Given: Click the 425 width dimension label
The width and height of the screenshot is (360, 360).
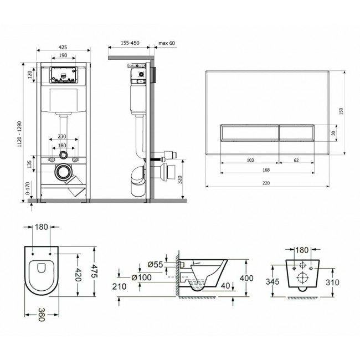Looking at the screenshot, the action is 63,47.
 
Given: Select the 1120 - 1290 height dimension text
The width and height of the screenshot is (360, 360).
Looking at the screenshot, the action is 19,134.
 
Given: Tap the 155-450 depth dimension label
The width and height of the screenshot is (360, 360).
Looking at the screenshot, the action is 130,43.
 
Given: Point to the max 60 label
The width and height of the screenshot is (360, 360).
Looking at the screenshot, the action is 167,43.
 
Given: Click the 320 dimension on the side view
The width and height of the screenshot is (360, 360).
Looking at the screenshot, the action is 180,179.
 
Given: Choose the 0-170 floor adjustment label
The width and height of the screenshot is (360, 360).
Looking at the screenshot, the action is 28,188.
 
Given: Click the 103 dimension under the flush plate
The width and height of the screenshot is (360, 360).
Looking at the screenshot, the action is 250,160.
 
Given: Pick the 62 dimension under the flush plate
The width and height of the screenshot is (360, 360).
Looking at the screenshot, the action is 296,160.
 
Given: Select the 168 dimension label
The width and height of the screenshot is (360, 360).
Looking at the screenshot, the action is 266,170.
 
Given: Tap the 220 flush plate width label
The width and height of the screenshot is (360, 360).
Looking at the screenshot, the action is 266,183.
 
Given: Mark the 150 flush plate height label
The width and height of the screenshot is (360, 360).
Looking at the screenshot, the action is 341,111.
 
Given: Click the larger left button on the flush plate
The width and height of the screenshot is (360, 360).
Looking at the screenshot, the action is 249,133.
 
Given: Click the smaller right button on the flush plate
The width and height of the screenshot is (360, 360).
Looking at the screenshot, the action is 296,133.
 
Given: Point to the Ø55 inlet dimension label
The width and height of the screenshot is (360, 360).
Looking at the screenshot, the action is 155,265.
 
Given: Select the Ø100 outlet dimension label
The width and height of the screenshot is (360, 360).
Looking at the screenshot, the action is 141,277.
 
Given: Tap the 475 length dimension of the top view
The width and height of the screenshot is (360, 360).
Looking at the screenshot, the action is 94,271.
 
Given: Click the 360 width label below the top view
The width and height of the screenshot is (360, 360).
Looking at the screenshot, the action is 42,315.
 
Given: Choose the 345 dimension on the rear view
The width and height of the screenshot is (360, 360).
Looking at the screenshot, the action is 272,281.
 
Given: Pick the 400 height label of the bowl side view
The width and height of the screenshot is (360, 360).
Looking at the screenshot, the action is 246,278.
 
